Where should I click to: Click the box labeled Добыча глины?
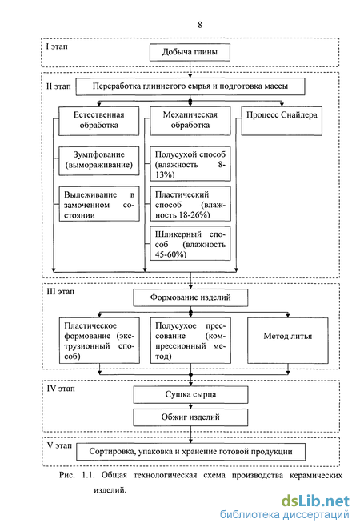click(x=190, y=52)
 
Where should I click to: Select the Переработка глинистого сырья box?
click(x=190, y=86)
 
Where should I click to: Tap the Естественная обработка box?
click(x=99, y=121)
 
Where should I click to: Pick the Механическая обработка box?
click(x=190, y=121)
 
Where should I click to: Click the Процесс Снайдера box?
click(x=282, y=121)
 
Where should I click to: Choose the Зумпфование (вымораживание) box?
click(x=99, y=161)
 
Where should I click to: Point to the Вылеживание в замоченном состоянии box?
click(x=99, y=204)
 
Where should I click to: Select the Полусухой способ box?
click(x=190, y=164)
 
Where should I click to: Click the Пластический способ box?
click(x=190, y=204)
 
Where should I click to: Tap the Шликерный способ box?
click(x=190, y=243)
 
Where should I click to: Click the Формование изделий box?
click(x=190, y=297)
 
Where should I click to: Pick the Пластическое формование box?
click(x=99, y=341)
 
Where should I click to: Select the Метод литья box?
click(x=288, y=341)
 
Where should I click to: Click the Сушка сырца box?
click(x=190, y=394)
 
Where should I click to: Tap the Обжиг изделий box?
click(x=190, y=417)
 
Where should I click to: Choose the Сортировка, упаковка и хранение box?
click(x=190, y=452)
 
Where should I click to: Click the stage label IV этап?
click(x=61, y=389)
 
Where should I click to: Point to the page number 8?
click(x=200, y=25)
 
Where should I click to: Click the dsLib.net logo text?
click(x=315, y=501)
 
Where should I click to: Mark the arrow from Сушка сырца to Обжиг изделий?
click(x=190, y=406)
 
